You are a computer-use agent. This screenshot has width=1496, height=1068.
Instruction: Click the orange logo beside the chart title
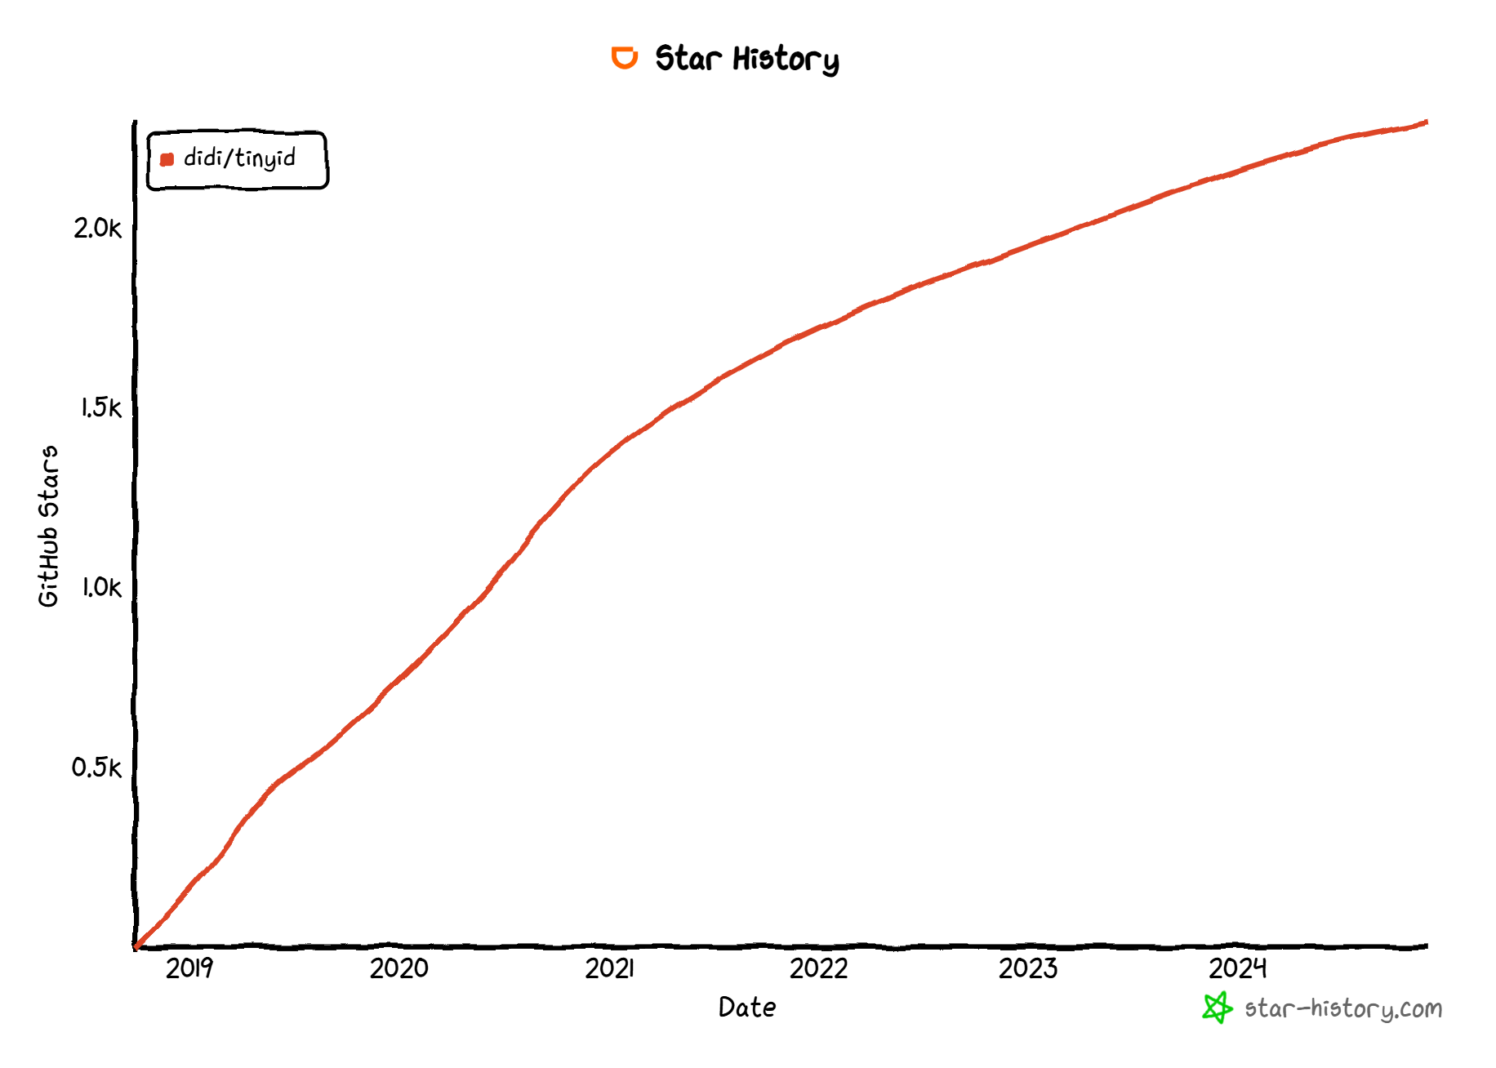coord(625,58)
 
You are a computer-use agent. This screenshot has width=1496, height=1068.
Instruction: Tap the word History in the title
coord(786,60)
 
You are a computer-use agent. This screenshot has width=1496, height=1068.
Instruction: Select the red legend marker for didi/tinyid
coord(167,159)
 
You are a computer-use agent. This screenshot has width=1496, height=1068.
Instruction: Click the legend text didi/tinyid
coord(239,158)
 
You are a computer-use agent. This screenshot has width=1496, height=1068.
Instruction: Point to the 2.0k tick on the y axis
coord(97,229)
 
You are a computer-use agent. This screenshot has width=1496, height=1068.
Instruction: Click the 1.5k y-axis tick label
coord(100,407)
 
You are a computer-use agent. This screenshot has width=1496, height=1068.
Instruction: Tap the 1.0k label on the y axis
coord(100,587)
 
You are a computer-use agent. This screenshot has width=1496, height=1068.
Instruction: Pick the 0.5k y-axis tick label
coord(96,768)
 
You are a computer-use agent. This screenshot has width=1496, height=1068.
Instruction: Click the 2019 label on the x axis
coord(189,968)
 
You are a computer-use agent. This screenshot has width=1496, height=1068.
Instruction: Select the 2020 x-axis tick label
coord(398,968)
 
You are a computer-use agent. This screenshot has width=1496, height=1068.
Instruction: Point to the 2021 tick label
coord(609,968)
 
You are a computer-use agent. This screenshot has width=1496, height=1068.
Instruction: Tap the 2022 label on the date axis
coord(818,968)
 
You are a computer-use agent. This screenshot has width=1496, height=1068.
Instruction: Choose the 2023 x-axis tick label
coord(1028,968)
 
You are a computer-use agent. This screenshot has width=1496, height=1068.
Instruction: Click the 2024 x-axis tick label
coord(1238,968)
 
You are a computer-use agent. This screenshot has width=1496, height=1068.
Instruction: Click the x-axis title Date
coord(747,1008)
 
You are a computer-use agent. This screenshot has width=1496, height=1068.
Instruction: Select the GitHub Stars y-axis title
coord(49,526)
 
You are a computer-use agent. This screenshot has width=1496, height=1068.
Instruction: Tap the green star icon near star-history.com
coord(1217,1008)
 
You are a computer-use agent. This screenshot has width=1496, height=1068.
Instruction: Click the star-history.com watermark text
coord(1343,1009)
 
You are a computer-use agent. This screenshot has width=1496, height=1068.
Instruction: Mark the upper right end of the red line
coord(1425,122)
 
